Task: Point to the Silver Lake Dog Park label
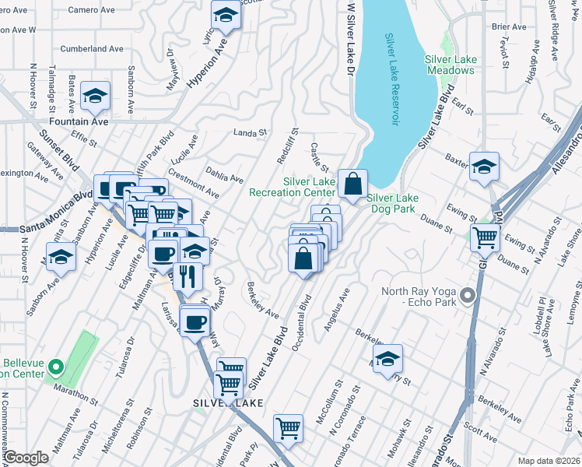[x=393, y=203]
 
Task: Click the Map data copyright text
[x=548, y=461]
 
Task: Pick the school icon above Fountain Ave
[x=96, y=97]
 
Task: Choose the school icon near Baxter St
[x=484, y=167]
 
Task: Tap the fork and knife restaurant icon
[x=188, y=276]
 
